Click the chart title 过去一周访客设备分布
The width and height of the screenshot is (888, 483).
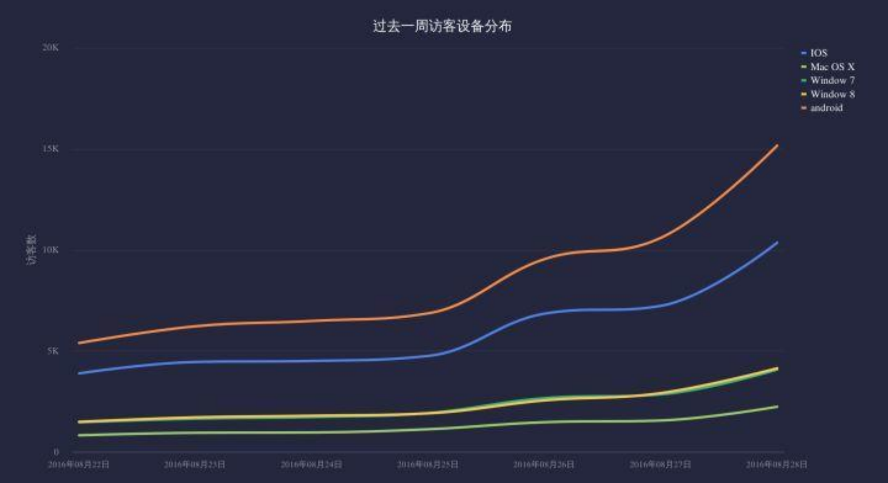click(x=442, y=26)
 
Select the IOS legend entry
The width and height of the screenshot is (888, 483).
click(x=819, y=53)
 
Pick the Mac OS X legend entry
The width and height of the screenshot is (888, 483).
click(x=832, y=67)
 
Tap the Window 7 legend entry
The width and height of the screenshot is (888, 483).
click(x=832, y=80)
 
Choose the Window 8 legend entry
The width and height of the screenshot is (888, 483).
click(x=832, y=94)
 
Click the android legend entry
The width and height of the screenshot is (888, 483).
click(x=826, y=108)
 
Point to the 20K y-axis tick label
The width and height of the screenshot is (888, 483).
click(x=51, y=48)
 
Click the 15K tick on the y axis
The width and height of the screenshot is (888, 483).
click(x=51, y=149)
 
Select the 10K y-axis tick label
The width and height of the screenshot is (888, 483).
click(x=51, y=250)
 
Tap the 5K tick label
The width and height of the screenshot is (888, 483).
click(x=53, y=351)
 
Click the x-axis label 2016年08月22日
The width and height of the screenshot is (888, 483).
click(x=79, y=464)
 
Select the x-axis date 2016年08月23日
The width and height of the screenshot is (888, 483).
click(x=195, y=464)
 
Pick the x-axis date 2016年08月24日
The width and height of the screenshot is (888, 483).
click(x=311, y=464)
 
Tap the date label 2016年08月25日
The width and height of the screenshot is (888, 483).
click(x=427, y=464)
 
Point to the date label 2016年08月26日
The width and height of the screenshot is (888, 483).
click(x=544, y=464)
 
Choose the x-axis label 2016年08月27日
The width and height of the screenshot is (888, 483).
click(x=660, y=464)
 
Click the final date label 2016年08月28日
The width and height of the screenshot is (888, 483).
click(x=776, y=464)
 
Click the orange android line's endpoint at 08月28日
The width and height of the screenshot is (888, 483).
click(x=777, y=146)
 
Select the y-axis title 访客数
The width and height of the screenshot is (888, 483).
click(x=31, y=250)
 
